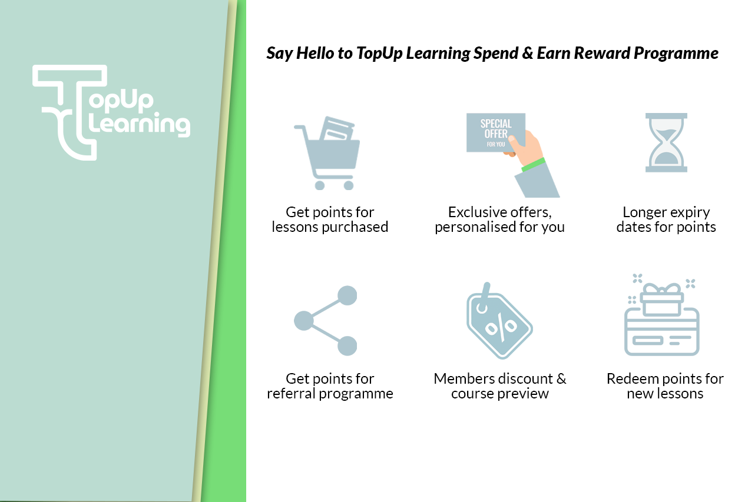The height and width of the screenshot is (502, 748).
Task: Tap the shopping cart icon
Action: [327, 153]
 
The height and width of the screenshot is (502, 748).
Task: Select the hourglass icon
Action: [666, 142]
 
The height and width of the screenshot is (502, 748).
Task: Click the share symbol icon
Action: [326, 321]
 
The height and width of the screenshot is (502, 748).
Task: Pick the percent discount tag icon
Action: [499, 321]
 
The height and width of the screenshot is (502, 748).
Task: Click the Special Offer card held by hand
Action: [496, 133]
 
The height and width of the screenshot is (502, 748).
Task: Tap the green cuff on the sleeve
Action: [533, 165]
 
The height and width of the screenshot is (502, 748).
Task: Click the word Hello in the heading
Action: [315, 54]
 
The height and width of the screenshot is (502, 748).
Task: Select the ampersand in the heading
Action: [527, 54]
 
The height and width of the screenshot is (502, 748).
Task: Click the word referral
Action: [291, 394]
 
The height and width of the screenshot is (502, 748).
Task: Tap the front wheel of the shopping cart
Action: [349, 185]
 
